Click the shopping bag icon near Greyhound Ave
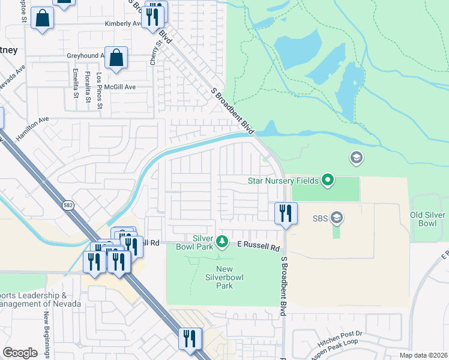pos(116,58)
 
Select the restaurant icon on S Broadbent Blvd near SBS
pos(286,214)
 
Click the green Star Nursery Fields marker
pos(328,179)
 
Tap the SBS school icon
pos(337,218)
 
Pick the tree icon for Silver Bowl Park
pos(222,241)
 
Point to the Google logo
pos(20,353)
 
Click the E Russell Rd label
pos(259,247)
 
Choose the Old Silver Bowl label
pos(427,219)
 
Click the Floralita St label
pos(88,84)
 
